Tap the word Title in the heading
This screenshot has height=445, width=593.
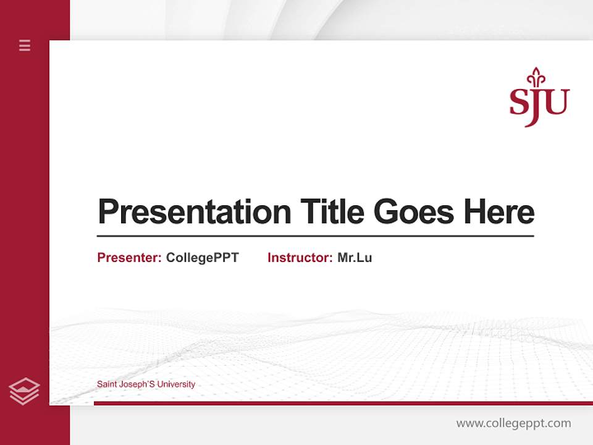point(332,212)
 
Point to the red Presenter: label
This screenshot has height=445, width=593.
point(129,258)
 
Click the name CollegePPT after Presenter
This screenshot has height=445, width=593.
point(202,258)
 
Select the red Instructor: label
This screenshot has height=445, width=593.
point(300,258)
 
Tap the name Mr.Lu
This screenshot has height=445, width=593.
point(355,258)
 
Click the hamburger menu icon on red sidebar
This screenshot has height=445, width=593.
point(25,45)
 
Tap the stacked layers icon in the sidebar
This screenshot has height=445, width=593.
point(24,391)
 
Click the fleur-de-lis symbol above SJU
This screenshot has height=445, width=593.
point(536,77)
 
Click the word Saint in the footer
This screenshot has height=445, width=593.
point(106,384)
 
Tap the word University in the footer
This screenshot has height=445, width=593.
point(176,384)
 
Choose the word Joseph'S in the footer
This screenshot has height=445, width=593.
point(136,384)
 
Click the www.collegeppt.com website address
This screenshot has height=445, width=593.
point(513,423)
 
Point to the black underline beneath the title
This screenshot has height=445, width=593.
point(315,236)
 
